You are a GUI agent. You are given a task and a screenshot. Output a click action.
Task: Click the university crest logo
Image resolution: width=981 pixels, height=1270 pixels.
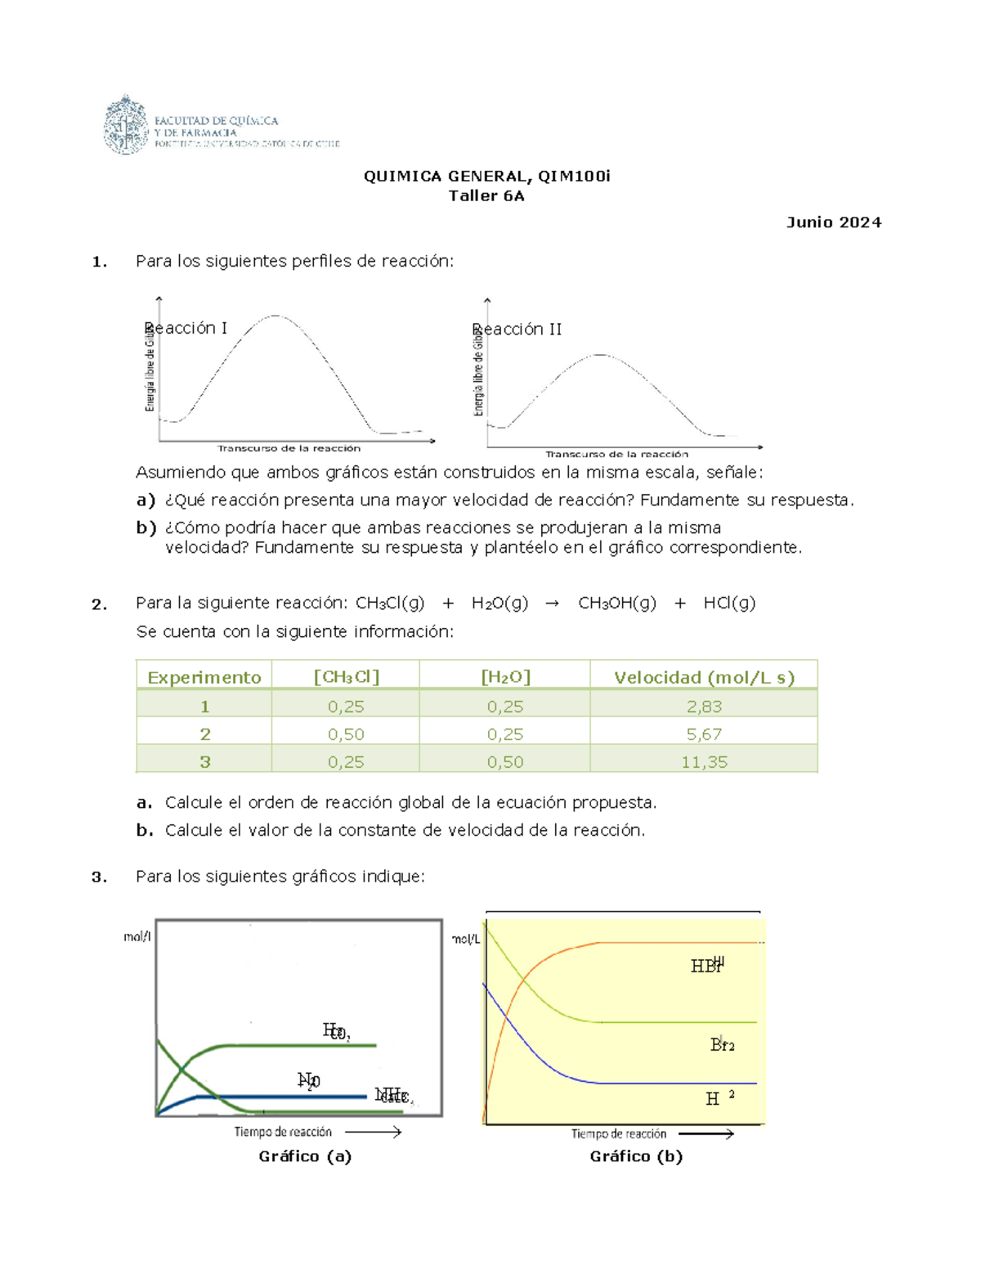(125, 125)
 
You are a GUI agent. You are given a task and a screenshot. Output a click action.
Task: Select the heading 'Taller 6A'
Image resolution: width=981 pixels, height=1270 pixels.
(486, 195)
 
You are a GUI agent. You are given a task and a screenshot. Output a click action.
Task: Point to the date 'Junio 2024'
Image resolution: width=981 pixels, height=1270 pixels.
(833, 222)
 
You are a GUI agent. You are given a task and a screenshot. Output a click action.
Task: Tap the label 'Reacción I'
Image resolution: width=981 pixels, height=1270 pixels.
(186, 328)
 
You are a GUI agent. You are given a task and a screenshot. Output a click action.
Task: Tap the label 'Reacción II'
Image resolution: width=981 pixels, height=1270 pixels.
(517, 330)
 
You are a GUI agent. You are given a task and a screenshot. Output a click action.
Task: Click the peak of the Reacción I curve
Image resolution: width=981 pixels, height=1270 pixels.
(276, 316)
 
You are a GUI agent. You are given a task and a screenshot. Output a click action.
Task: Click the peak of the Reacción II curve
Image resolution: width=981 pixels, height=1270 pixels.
(601, 355)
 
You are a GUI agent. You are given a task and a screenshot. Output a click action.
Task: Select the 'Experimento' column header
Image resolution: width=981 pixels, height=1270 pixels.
(204, 677)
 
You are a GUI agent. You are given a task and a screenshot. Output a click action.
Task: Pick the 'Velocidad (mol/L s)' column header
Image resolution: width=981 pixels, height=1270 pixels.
(704, 677)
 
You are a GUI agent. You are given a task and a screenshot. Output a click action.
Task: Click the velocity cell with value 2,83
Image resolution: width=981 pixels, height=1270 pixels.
(704, 707)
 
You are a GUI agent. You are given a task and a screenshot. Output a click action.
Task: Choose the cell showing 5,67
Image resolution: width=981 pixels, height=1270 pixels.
(704, 734)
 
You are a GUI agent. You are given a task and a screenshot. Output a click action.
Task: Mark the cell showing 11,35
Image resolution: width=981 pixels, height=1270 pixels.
(704, 762)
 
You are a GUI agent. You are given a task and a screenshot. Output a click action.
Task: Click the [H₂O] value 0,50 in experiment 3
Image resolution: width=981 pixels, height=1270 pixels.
(504, 762)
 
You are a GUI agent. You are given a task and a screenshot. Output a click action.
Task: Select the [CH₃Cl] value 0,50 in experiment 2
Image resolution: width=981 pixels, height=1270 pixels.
(346, 734)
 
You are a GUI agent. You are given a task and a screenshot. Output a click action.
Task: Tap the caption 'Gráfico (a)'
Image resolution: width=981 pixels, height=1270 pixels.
(305, 1156)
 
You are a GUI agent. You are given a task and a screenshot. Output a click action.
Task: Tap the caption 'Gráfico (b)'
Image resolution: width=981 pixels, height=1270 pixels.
(636, 1156)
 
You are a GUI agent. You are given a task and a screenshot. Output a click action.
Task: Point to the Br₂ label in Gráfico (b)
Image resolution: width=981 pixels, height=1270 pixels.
(723, 1044)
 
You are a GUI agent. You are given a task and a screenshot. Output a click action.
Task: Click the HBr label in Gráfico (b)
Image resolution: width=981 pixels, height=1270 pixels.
(707, 966)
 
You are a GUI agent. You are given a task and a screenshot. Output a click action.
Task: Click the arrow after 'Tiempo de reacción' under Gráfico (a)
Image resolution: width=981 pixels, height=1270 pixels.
(374, 1132)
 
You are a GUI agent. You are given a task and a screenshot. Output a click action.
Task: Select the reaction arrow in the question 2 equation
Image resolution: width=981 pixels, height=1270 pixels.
(553, 604)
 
